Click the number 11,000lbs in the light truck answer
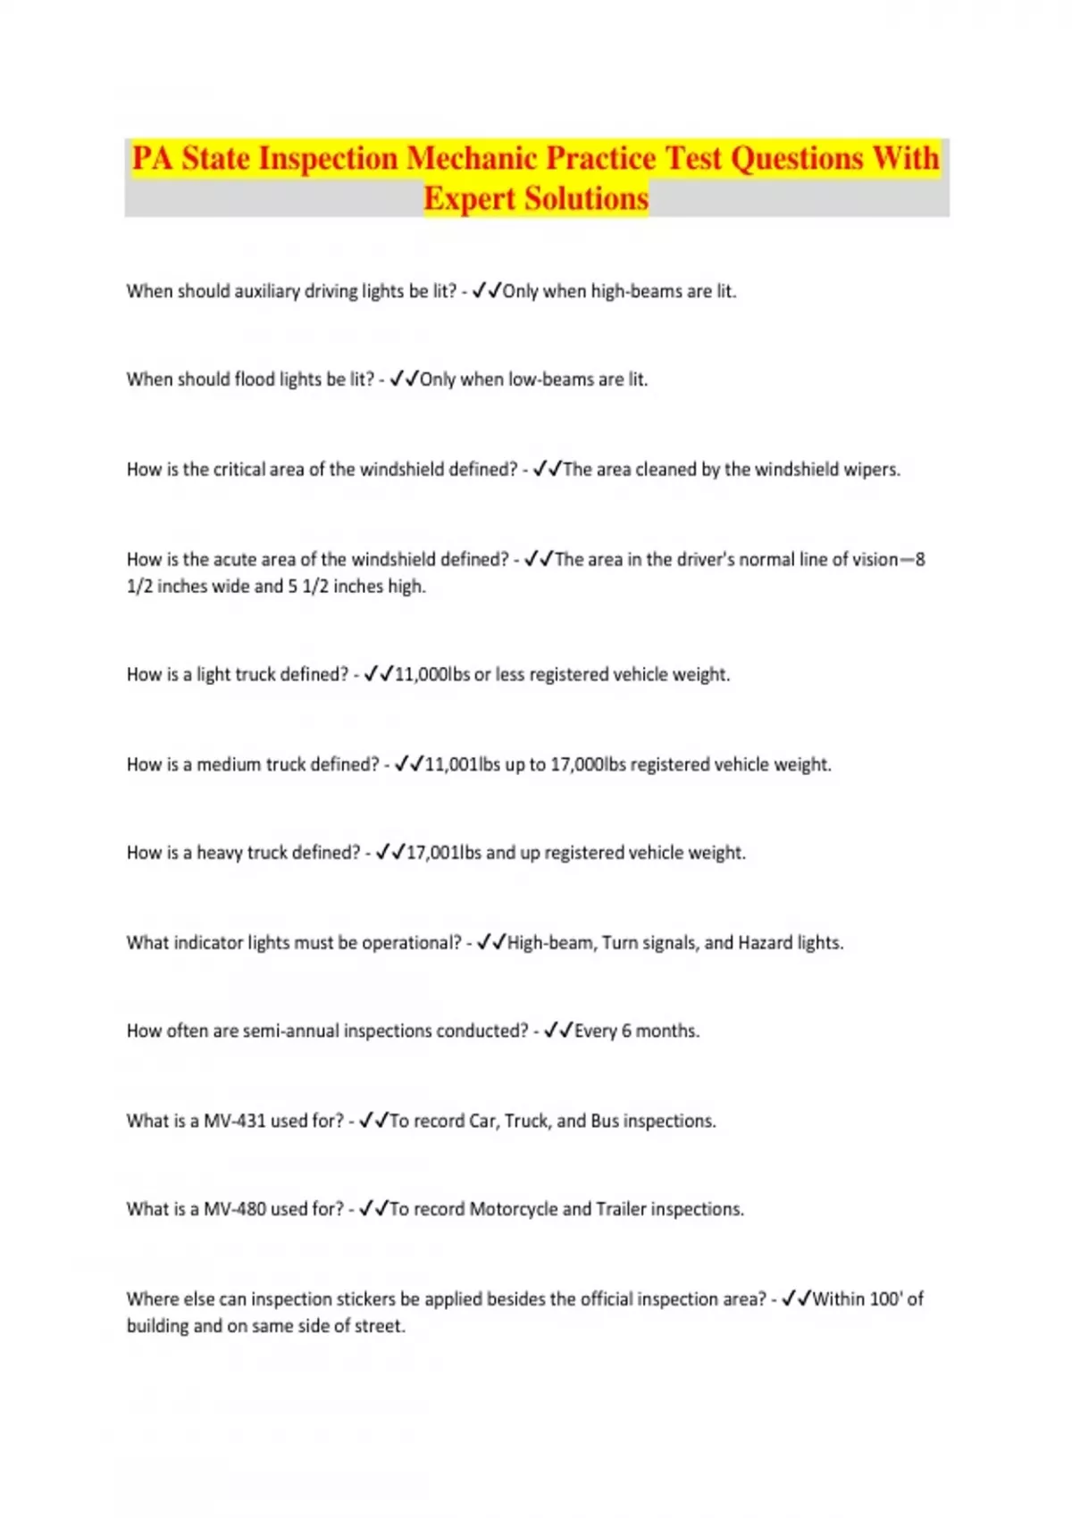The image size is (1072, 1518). coord(431,675)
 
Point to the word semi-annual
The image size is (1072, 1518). coord(290,1031)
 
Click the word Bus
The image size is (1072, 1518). coord(605,1121)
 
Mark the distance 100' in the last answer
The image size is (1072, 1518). coord(885,1299)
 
